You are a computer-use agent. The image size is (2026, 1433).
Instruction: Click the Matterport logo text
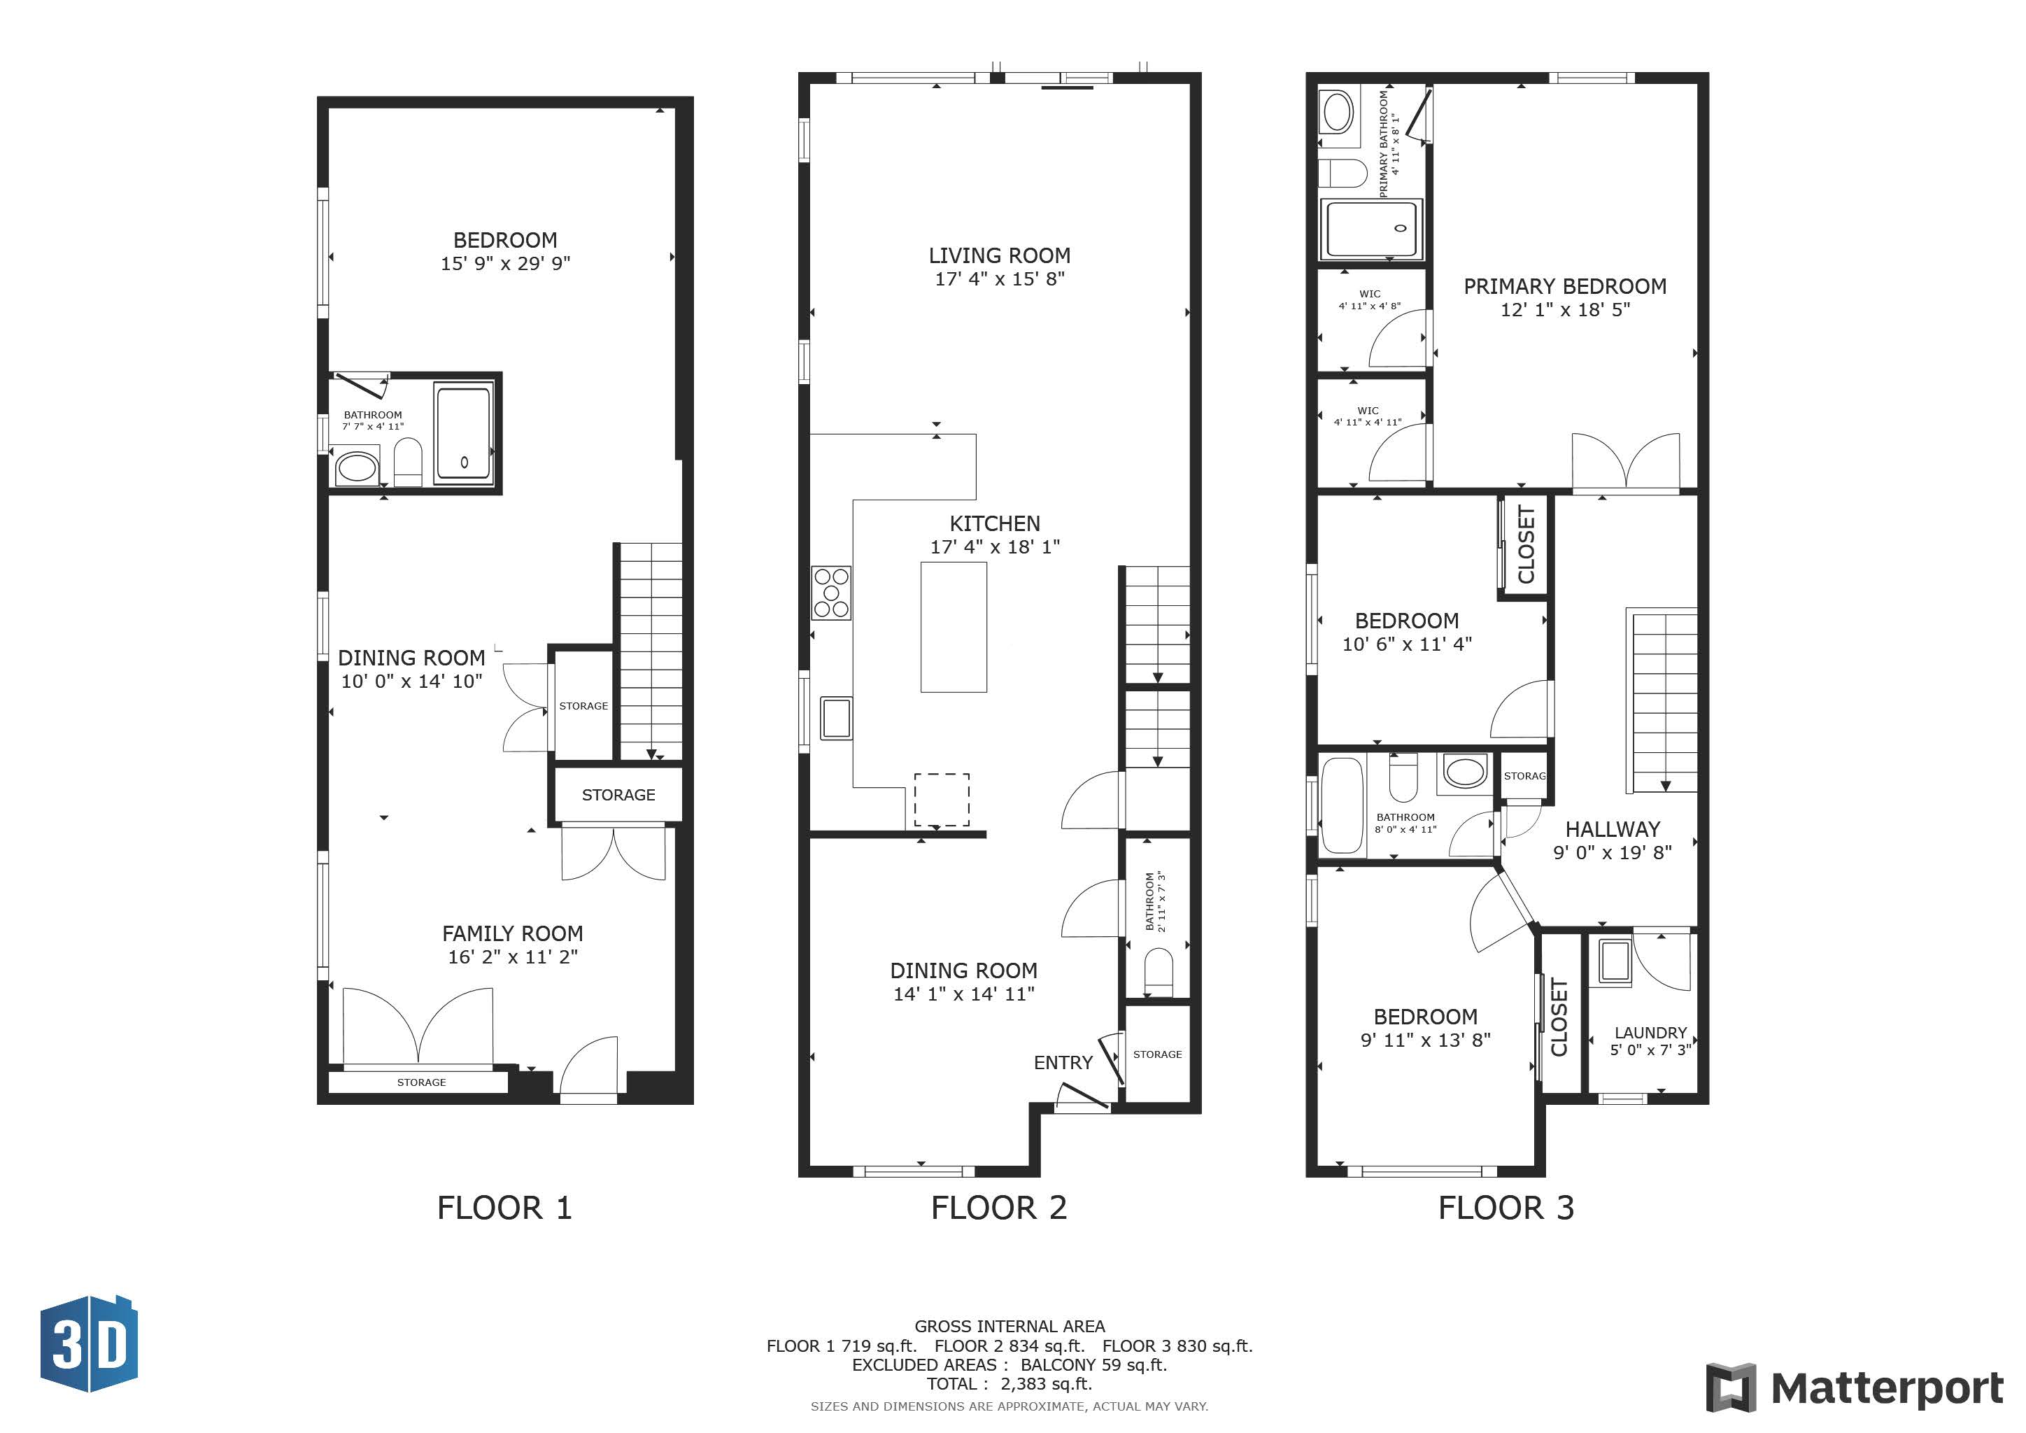(1887, 1388)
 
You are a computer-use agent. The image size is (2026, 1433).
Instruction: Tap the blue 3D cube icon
(89, 1344)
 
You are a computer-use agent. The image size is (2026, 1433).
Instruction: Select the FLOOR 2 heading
(999, 1207)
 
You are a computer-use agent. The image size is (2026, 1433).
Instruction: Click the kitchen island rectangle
(953, 626)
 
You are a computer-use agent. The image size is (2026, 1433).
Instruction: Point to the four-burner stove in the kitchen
(831, 592)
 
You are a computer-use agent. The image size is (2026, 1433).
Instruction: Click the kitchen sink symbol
(835, 717)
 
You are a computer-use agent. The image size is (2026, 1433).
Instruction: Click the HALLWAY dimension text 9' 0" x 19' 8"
(1612, 852)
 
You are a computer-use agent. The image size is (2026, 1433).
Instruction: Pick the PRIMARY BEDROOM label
(1564, 286)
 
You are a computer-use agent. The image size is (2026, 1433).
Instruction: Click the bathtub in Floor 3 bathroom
(1342, 805)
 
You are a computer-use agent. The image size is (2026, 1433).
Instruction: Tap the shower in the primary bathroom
(1371, 229)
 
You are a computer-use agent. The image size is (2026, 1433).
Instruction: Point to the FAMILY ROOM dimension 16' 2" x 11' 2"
(512, 956)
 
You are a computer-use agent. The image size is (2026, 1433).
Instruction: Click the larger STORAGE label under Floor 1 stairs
(618, 795)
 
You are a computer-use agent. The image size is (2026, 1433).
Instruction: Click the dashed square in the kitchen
(942, 800)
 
